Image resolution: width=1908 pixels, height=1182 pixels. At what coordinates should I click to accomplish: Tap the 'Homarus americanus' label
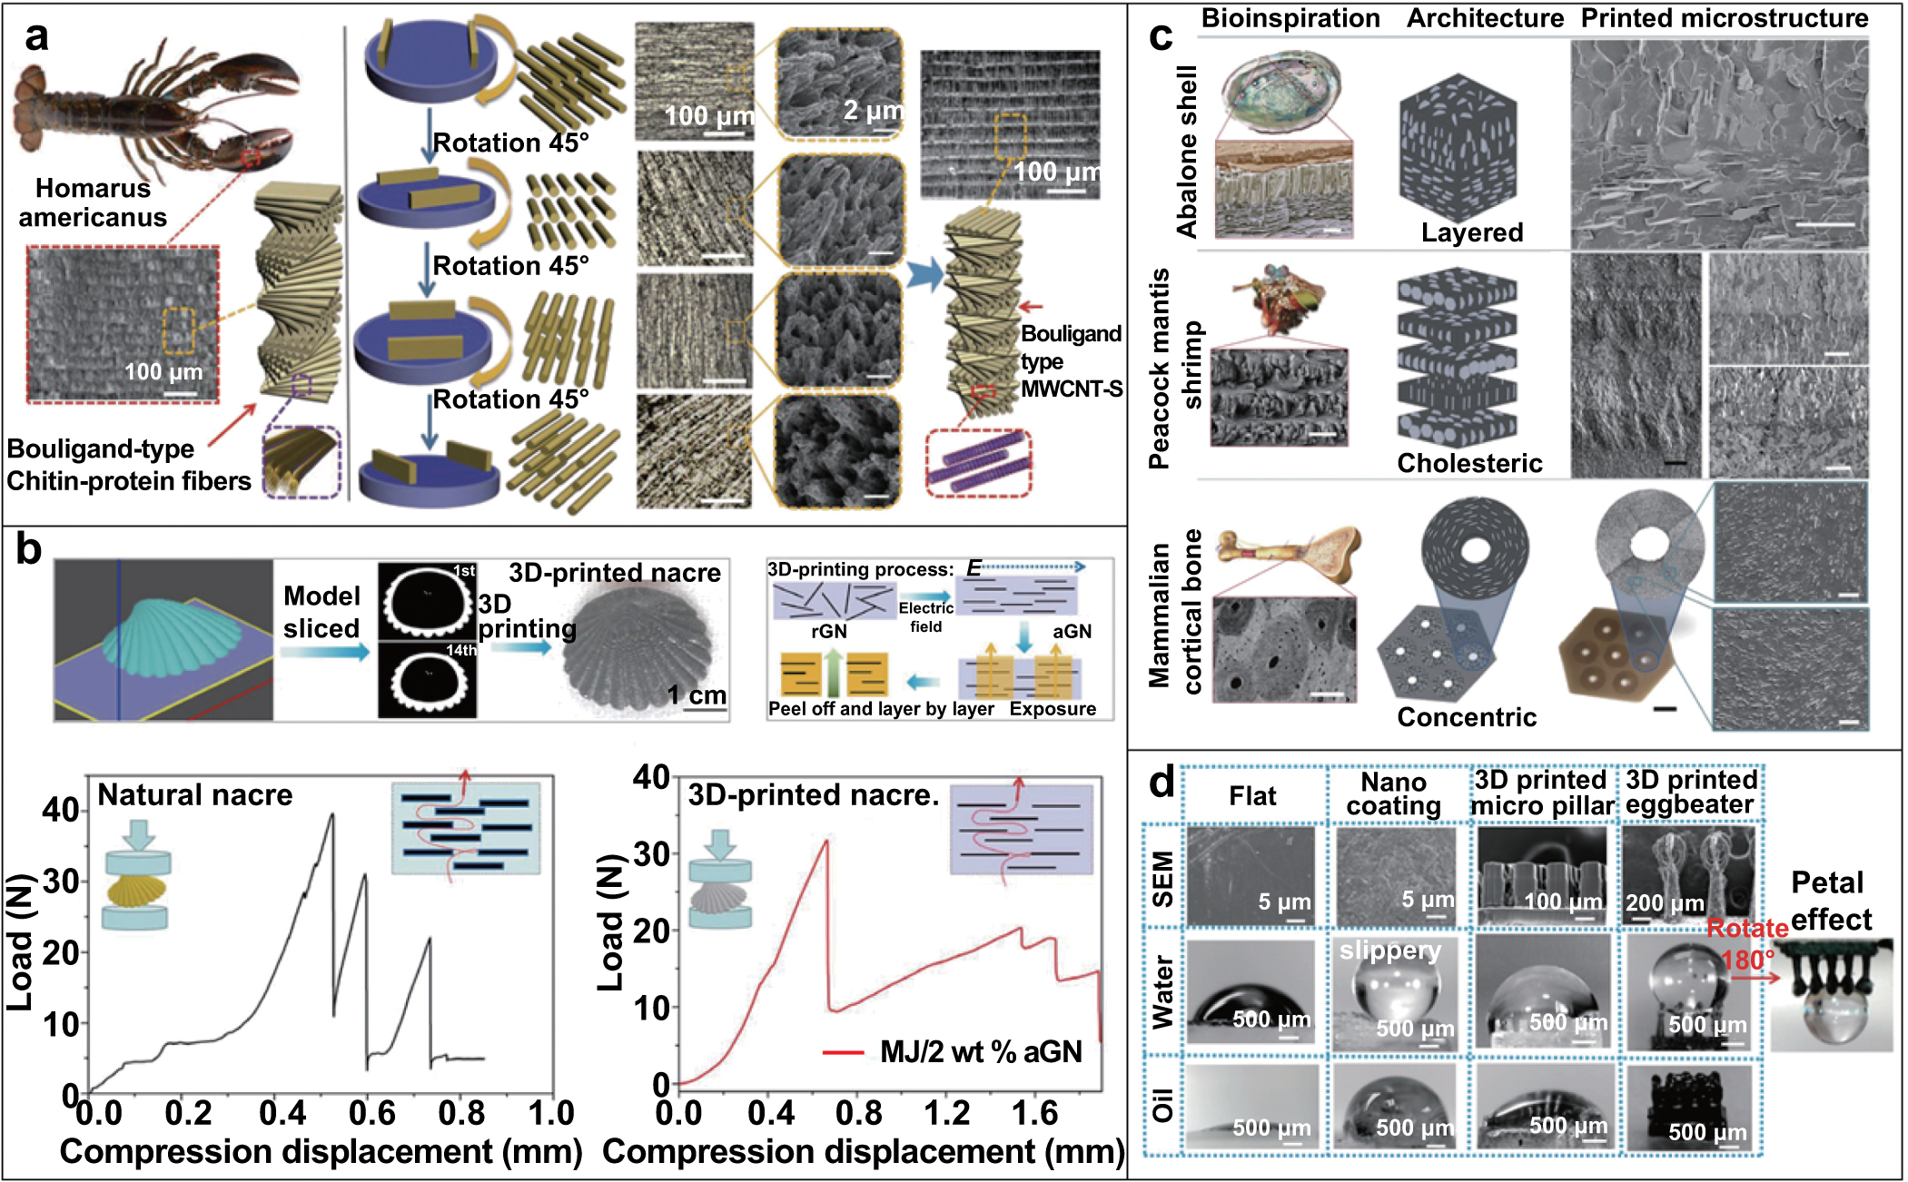(x=93, y=202)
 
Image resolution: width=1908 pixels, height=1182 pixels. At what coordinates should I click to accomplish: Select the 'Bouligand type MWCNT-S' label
(x=1071, y=361)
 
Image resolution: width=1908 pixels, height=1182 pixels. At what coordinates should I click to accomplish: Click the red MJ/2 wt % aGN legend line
(x=842, y=1052)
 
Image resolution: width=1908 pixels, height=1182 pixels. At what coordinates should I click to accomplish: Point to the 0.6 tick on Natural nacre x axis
(x=371, y=1113)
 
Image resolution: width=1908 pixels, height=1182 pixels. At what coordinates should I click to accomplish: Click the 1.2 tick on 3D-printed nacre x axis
(x=946, y=1113)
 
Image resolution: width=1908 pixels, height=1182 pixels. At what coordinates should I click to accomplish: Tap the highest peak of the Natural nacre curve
(x=332, y=814)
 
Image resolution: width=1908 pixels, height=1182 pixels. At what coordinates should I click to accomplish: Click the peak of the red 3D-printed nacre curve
(x=826, y=841)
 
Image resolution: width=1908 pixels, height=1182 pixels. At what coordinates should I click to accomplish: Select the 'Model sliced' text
(x=321, y=612)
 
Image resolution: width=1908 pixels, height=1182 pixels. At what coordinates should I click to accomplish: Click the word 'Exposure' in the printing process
(x=1053, y=709)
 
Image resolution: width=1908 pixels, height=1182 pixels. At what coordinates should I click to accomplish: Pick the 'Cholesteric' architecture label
(x=1469, y=463)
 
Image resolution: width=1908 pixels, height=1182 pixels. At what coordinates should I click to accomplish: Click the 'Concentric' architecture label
(x=1467, y=717)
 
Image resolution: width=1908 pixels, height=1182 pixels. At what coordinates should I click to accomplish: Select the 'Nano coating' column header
(x=1393, y=794)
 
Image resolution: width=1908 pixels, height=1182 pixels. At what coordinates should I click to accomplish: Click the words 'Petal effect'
(x=1829, y=901)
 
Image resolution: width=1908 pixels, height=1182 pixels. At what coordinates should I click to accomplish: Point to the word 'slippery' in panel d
(x=1390, y=951)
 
